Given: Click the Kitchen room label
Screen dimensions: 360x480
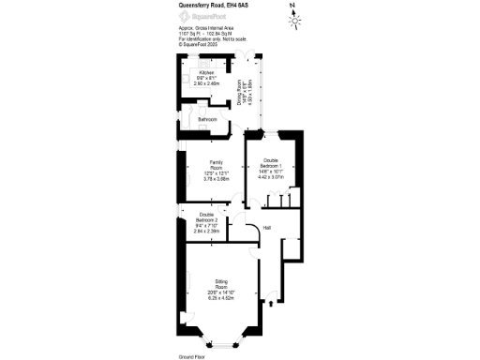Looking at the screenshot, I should click(x=206, y=71).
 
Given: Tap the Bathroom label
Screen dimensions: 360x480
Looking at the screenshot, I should click(x=206, y=120).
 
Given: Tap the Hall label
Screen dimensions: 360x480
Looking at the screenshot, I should click(x=267, y=228).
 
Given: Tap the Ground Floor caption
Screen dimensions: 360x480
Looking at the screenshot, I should click(x=191, y=356).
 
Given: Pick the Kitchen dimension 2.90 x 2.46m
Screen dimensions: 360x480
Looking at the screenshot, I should click(x=206, y=83).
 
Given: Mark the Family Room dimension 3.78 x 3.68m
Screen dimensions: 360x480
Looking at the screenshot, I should click(x=216, y=179).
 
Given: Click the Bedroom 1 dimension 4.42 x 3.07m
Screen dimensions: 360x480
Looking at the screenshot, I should click(x=270, y=175).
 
